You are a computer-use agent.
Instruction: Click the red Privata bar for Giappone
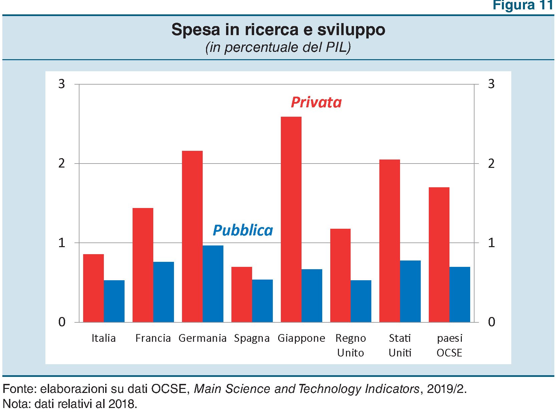pyautogui.click(x=291, y=219)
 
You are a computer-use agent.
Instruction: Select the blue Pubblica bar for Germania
pyautogui.click(x=213, y=284)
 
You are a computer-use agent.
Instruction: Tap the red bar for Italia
pyautogui.click(x=94, y=288)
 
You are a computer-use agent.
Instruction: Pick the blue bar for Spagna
pyautogui.click(x=262, y=301)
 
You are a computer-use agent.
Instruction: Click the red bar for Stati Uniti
pyautogui.click(x=389, y=241)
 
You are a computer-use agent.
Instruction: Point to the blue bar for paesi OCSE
pyautogui.click(x=459, y=294)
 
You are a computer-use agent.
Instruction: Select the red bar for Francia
pyautogui.click(x=143, y=265)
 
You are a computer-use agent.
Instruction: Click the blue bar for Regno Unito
pyautogui.click(x=361, y=301)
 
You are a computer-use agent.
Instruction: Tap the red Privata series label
pyautogui.click(x=316, y=102)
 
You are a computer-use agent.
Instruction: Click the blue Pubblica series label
pyautogui.click(x=243, y=230)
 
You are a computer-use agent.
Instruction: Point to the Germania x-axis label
pyautogui.click(x=202, y=338)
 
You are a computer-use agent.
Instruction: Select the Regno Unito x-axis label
pyautogui.click(x=350, y=345)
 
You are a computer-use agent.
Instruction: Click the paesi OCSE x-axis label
pyautogui.click(x=449, y=345)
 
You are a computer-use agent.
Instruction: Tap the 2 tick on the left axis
pyautogui.click(x=62, y=164)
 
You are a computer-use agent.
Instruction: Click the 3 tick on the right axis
pyautogui.click(x=491, y=84)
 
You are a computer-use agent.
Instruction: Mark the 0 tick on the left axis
pyautogui.click(x=62, y=322)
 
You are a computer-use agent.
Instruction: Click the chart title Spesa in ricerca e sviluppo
pyautogui.click(x=278, y=29)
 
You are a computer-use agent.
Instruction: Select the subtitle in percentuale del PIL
pyautogui.click(x=278, y=47)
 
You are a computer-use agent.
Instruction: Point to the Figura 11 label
pyautogui.click(x=523, y=5)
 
